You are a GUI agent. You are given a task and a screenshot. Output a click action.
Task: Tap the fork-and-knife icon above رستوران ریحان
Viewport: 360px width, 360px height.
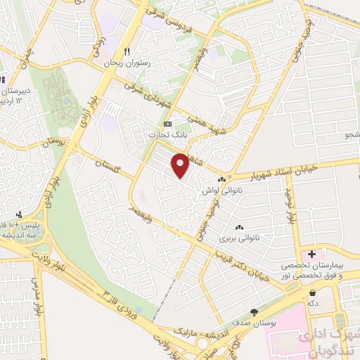(x=127, y=51)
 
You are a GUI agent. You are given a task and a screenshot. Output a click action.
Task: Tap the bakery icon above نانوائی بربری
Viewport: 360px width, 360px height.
(x=239, y=226)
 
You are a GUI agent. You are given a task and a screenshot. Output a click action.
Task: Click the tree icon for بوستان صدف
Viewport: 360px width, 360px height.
(x=254, y=311)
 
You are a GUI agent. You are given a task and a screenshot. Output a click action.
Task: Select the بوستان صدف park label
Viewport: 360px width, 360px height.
(x=254, y=323)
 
